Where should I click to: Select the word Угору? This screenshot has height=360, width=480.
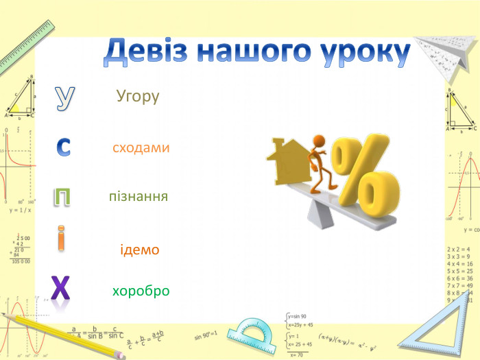tap(138, 97)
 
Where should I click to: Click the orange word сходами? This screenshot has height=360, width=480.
tap(141, 147)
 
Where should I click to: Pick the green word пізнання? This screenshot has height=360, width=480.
tap(139, 197)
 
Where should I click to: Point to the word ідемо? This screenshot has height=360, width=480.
tap(140, 250)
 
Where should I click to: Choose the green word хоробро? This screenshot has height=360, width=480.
tap(141, 291)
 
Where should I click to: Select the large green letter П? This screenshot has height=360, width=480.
tap(62, 197)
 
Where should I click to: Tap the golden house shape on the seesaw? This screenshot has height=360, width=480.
tap(287, 163)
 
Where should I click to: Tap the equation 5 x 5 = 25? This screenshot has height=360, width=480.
tap(459, 271)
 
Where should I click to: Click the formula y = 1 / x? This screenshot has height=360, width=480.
tap(20, 211)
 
